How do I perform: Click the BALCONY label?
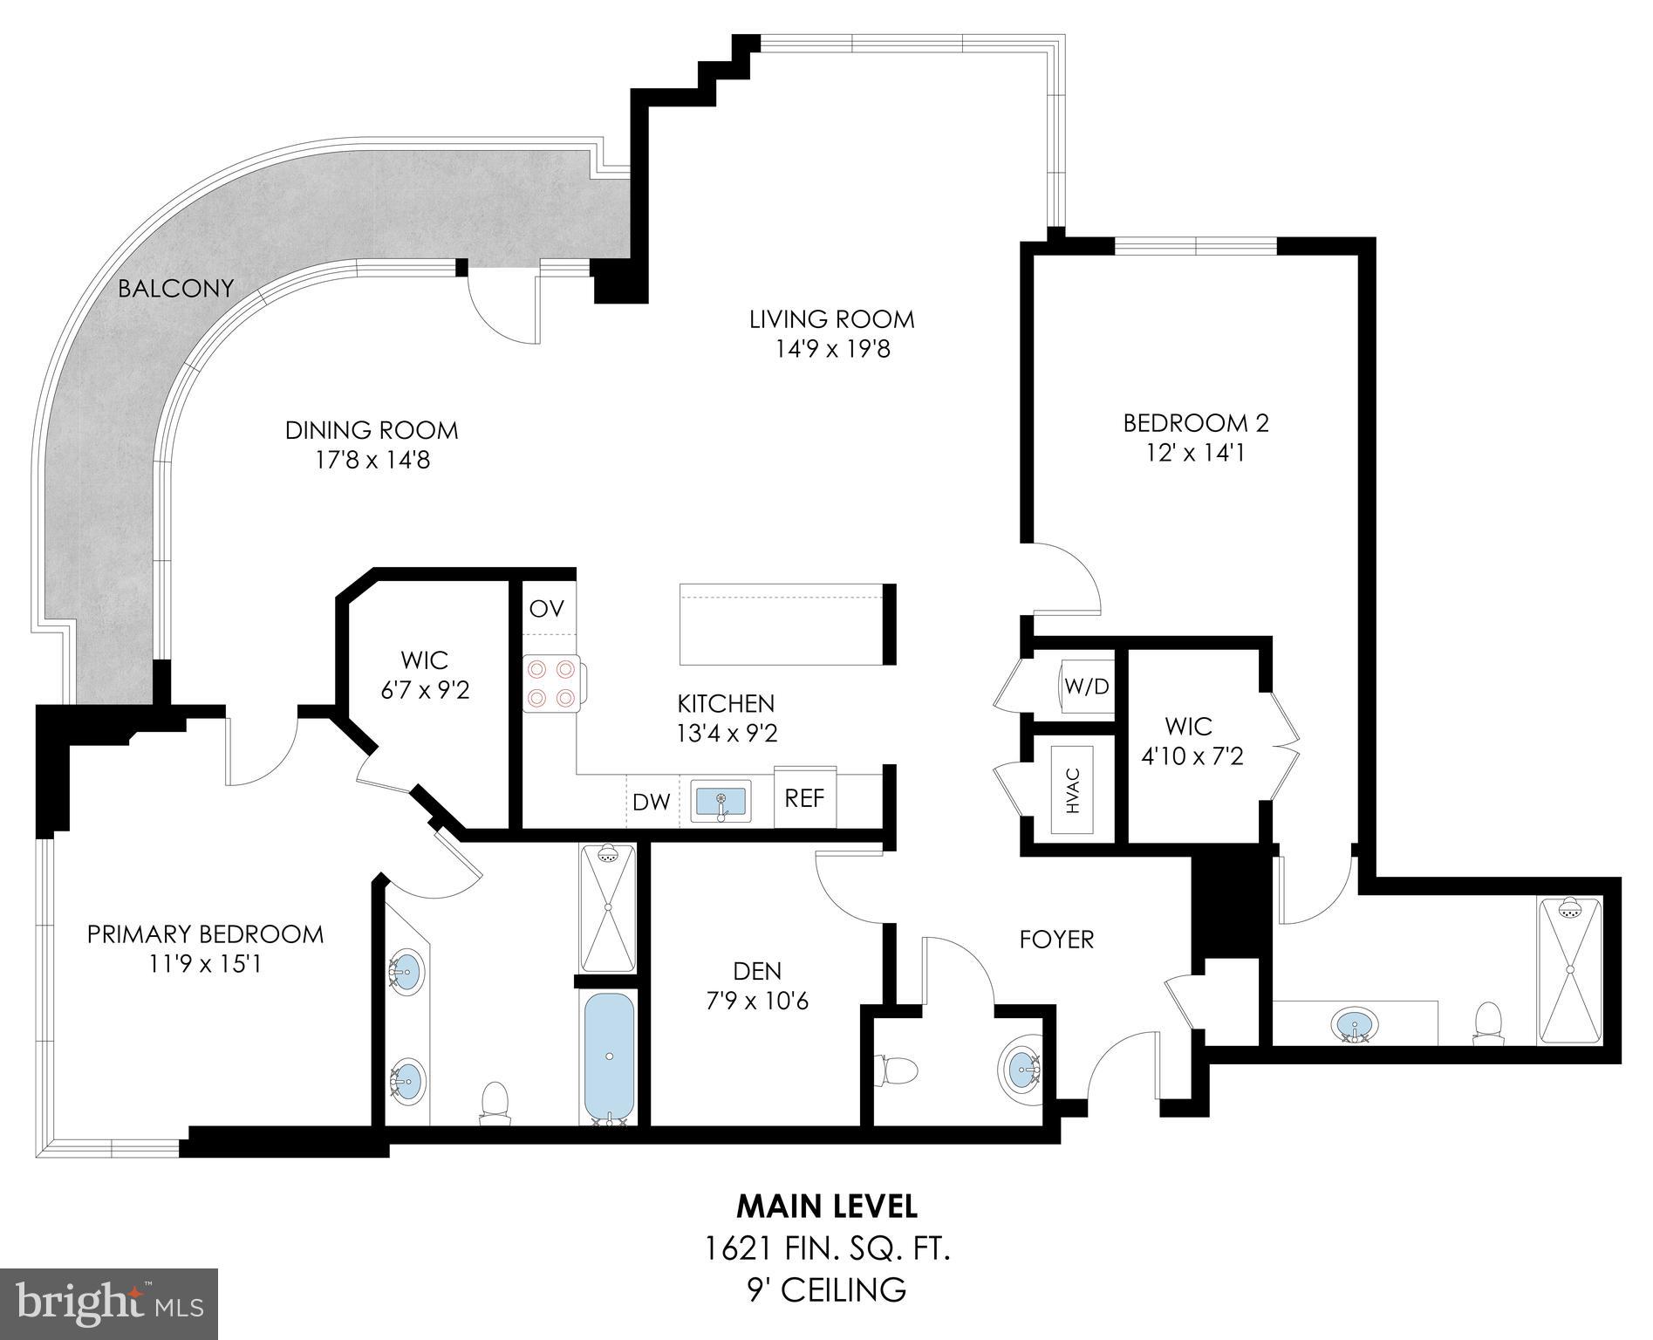(x=176, y=288)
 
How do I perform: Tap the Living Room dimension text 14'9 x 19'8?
(x=831, y=350)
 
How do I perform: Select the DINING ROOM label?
(x=372, y=430)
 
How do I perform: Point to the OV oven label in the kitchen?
(x=547, y=608)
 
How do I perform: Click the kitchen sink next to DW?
(x=721, y=801)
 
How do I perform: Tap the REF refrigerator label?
(x=804, y=797)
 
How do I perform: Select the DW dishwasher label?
(x=651, y=802)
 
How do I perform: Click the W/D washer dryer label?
(x=1086, y=687)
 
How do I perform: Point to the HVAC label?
(x=1073, y=790)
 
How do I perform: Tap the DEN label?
(x=757, y=970)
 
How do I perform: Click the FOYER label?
(x=1056, y=940)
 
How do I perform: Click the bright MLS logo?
(x=109, y=1303)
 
